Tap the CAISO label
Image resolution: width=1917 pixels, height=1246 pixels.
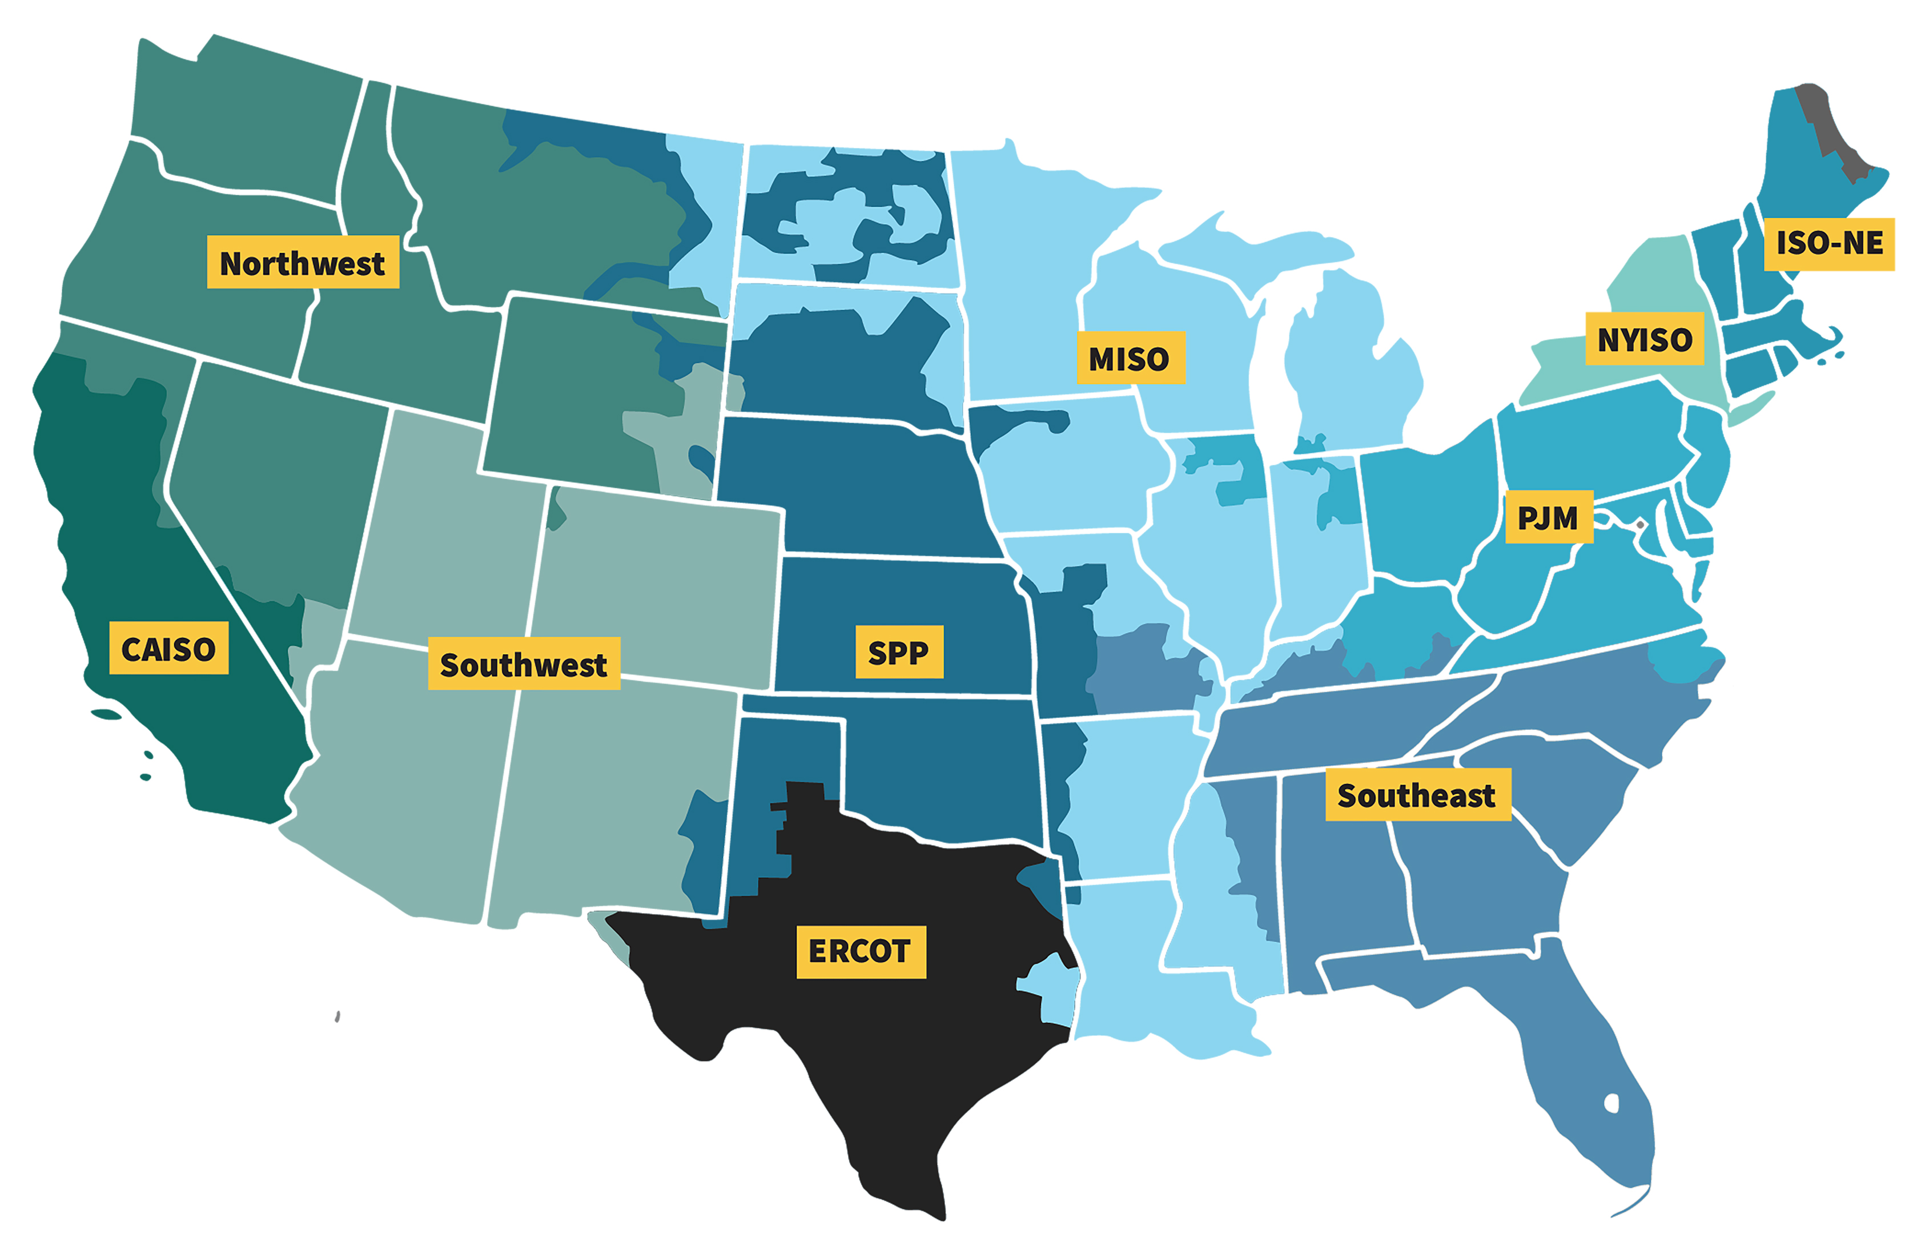point(168,648)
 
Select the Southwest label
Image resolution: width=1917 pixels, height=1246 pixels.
point(524,663)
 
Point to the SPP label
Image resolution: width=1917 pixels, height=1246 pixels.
point(899,652)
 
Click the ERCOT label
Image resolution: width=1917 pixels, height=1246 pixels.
point(860,951)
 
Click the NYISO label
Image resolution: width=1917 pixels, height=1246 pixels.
point(1644,339)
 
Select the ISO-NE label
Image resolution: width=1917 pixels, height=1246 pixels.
point(1828,243)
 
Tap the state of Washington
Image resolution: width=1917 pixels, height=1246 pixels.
point(242,121)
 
